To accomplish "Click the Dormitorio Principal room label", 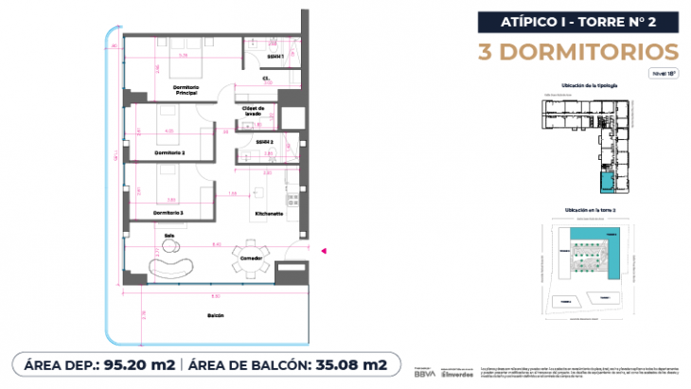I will click(186, 91).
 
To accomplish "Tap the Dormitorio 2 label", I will click(169, 151).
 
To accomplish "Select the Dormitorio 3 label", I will click(169, 214).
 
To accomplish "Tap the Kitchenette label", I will click(269, 214).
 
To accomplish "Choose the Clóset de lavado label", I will click(252, 112).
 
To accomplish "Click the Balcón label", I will click(215, 315).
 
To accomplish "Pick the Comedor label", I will click(251, 257).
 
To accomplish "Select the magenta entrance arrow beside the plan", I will click(325, 251).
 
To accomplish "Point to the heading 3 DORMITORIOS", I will click(590, 50).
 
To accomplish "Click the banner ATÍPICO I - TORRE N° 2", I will click(590, 21).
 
